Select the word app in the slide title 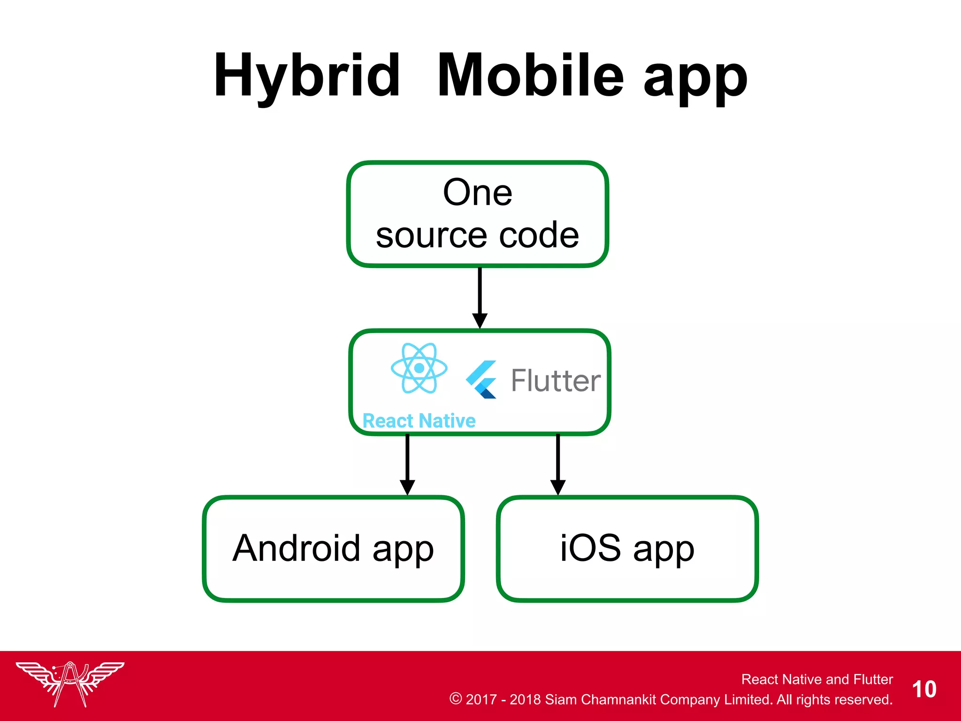pyautogui.click(x=695, y=80)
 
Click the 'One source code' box pyautogui.click(x=478, y=214)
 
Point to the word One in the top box pyautogui.click(x=478, y=192)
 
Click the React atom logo pyautogui.click(x=419, y=368)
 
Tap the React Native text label pyautogui.click(x=419, y=421)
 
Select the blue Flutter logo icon pyautogui.click(x=481, y=380)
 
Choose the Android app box pyautogui.click(x=334, y=548)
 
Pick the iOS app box pyautogui.click(x=627, y=548)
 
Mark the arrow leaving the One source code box pyautogui.click(x=480, y=298)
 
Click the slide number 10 pyautogui.click(x=924, y=690)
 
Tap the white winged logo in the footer pyautogui.click(x=70, y=683)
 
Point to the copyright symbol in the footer pyautogui.click(x=455, y=698)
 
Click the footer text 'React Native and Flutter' pyautogui.click(x=817, y=679)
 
